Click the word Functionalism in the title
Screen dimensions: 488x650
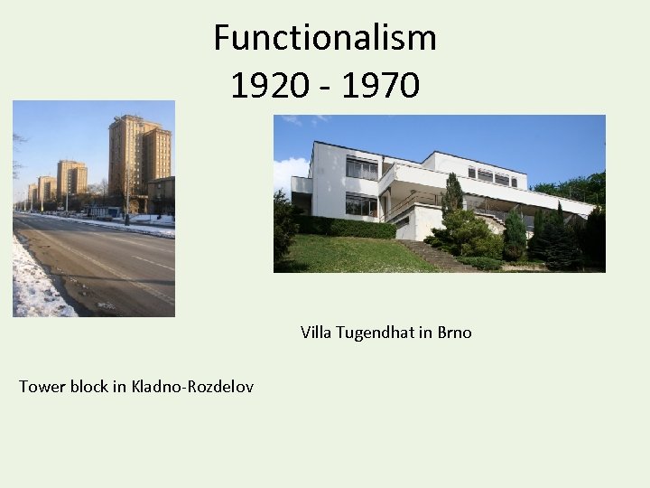pos(325,38)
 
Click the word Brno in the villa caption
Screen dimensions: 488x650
pos(454,333)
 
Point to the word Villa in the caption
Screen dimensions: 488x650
pos(316,333)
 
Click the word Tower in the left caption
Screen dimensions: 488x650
pos(41,387)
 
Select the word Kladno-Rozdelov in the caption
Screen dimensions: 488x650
pos(192,387)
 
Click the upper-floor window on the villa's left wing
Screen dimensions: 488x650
pos(362,168)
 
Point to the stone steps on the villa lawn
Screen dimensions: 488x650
pos(433,256)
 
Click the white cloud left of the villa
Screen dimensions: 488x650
pos(291,172)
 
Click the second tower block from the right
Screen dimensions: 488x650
pos(71,179)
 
